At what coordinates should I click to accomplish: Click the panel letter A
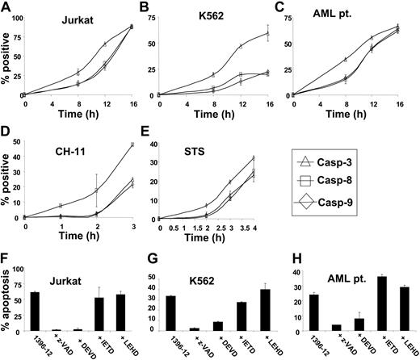click(x=6, y=7)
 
